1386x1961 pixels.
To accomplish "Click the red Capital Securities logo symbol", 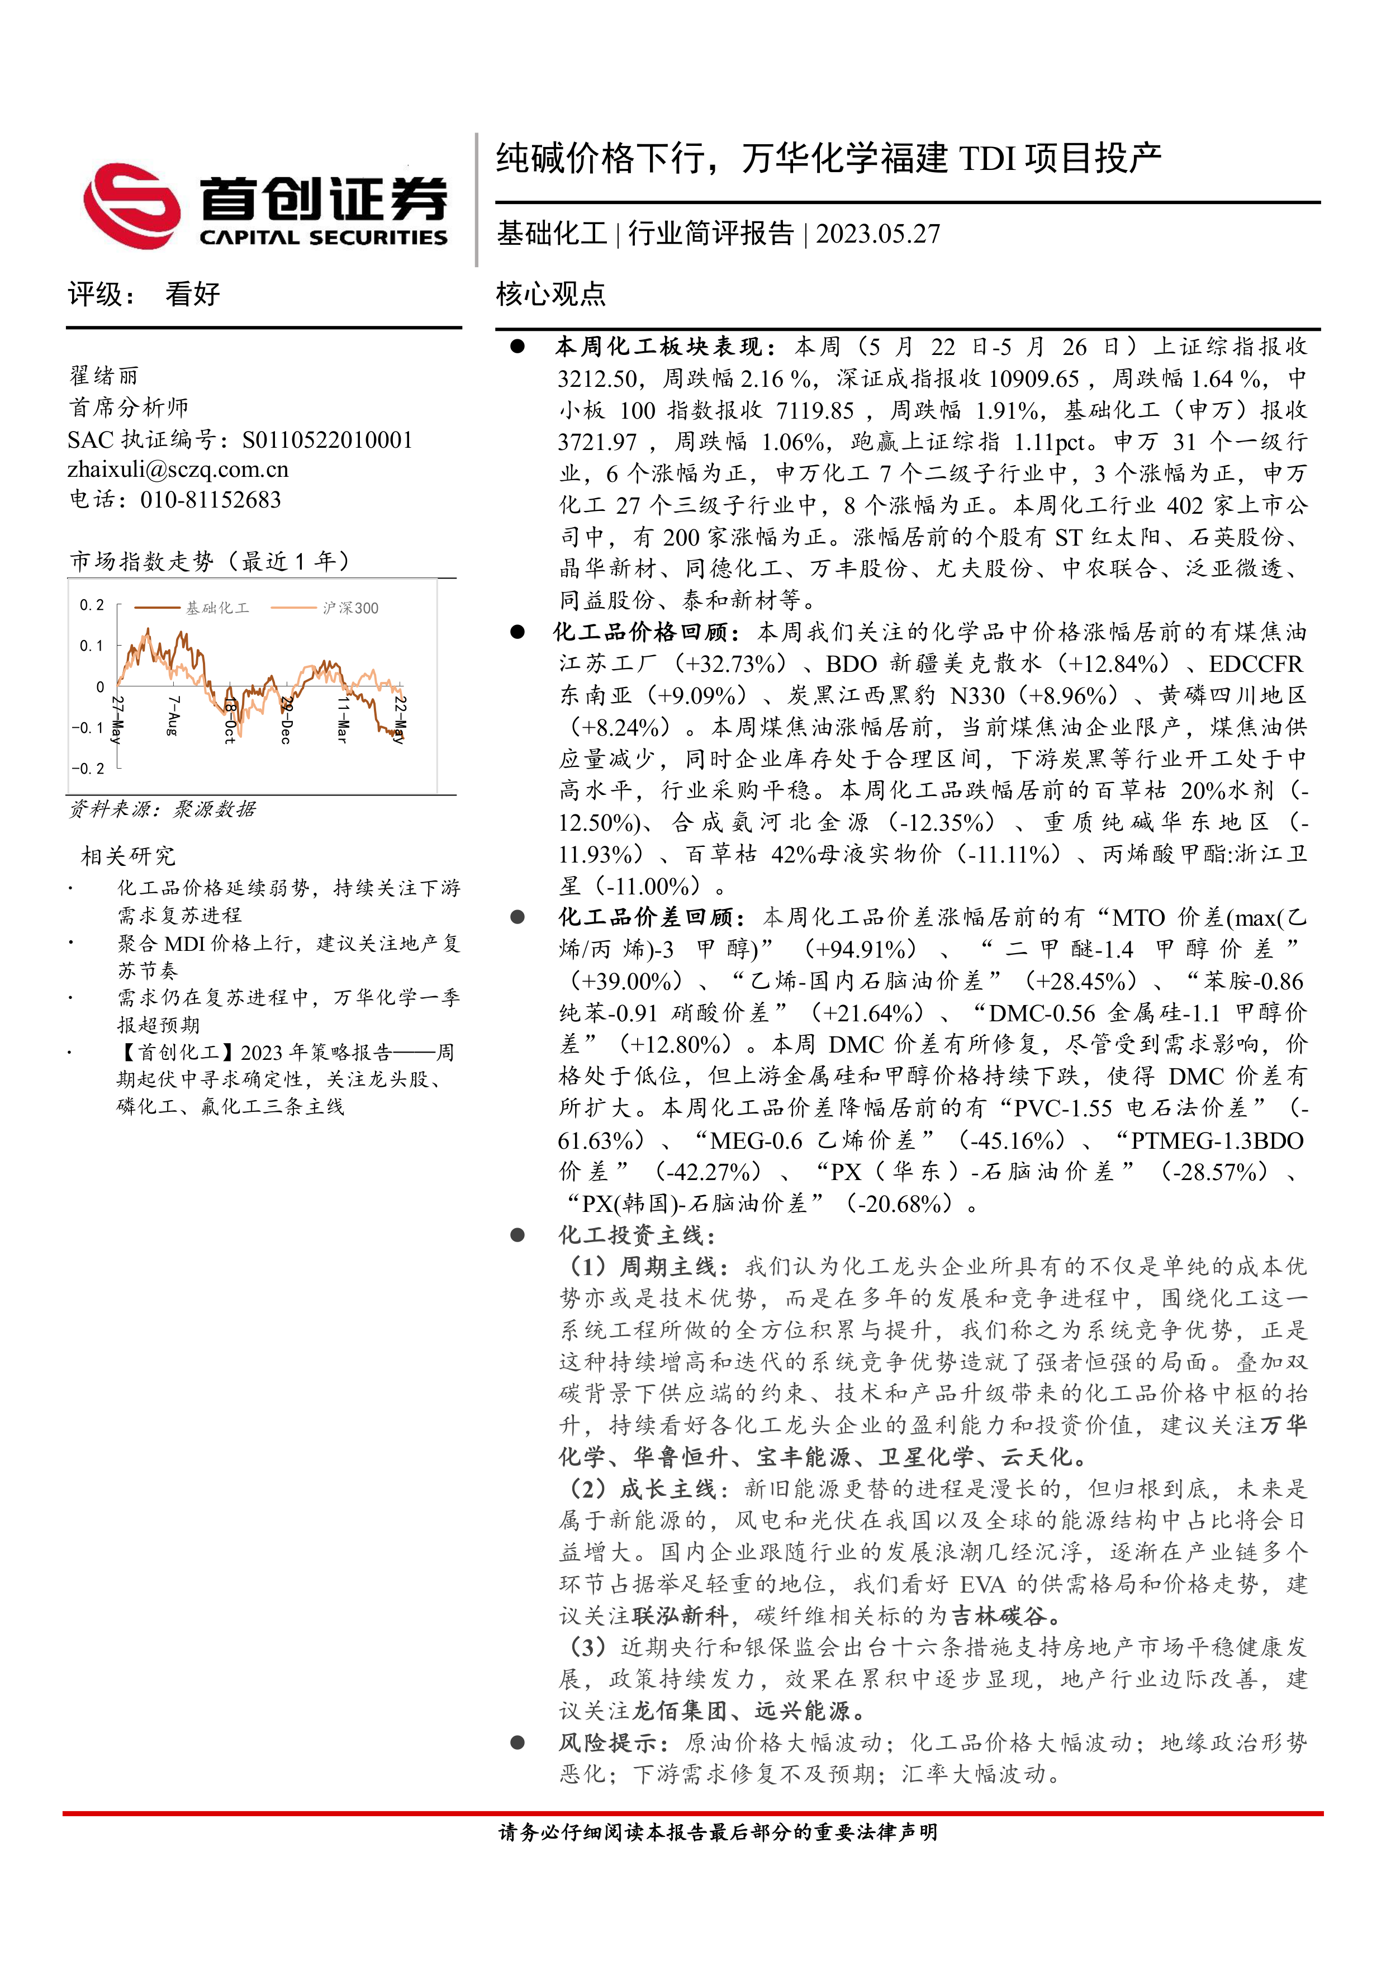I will click(132, 206).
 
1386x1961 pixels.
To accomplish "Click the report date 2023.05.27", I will click(878, 234).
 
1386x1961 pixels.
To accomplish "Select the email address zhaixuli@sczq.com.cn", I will click(178, 470).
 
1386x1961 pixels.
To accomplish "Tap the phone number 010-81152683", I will click(211, 500).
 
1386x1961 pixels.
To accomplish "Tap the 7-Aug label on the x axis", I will click(173, 716).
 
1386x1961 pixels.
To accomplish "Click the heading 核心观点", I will click(551, 295).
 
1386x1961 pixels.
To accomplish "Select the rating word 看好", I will click(193, 295).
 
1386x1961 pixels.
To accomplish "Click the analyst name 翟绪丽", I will click(103, 376).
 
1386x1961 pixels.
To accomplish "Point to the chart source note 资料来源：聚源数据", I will click(162, 809).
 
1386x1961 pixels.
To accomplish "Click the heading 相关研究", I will click(128, 856).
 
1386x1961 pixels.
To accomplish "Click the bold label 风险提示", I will click(607, 1743).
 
